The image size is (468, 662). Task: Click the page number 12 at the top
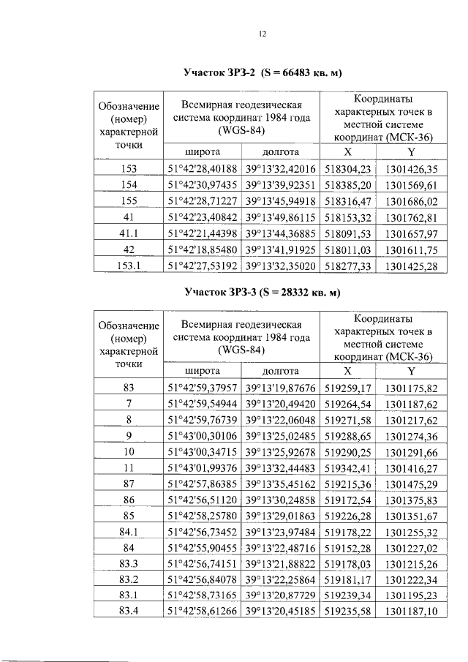[263, 34]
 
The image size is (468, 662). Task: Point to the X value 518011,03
[348, 249]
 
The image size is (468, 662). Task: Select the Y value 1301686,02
[410, 201]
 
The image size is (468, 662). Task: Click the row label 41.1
[129, 233]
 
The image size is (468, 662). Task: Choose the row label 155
[129, 201]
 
